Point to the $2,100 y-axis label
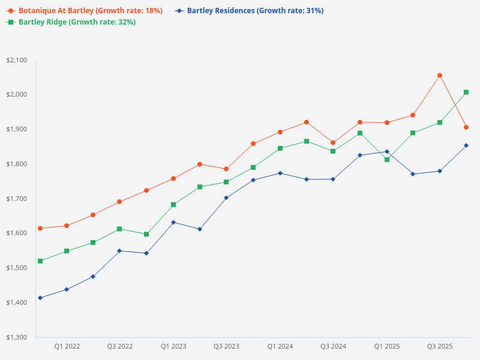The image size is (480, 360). (16, 60)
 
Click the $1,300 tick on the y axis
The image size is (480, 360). (16, 337)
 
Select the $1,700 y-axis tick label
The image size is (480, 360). (16, 199)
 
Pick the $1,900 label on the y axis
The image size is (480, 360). (16, 129)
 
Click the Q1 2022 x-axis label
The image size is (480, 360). (67, 346)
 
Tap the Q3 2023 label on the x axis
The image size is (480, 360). (227, 346)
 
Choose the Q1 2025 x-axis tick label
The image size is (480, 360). (387, 346)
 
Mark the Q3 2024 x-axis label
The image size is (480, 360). (334, 346)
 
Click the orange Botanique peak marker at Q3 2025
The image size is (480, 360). (440, 76)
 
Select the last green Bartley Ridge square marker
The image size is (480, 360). (466, 92)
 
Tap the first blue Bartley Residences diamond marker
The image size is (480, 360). (40, 298)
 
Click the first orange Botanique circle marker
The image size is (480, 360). (40, 229)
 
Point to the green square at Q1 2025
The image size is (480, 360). (387, 160)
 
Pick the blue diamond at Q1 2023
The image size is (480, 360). (173, 223)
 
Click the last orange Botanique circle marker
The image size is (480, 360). (466, 127)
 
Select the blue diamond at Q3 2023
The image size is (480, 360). (226, 197)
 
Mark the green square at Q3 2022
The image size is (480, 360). (119, 229)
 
